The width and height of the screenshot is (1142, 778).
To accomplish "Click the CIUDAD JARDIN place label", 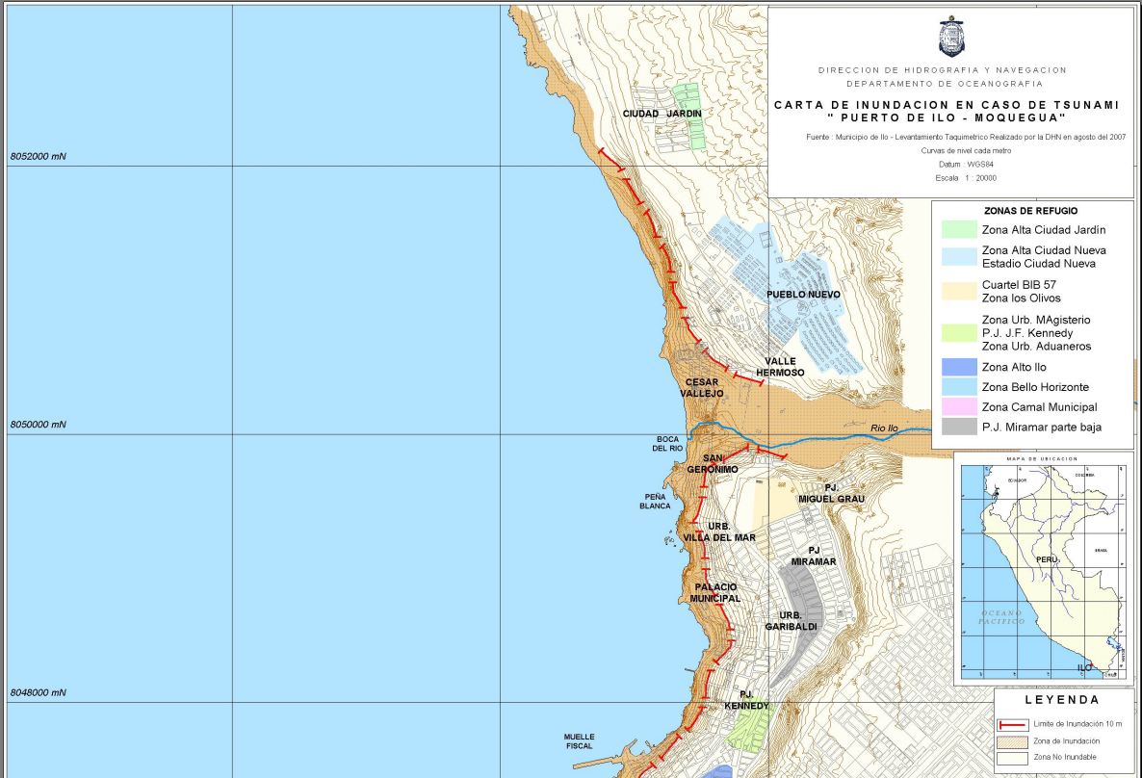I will (x=662, y=114).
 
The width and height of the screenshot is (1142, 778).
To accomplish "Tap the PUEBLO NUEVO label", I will (x=803, y=295).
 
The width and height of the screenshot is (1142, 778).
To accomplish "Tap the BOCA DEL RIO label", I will (x=668, y=444).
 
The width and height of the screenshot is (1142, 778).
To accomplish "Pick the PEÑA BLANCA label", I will (x=655, y=501).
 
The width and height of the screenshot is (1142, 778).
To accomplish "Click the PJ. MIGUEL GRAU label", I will (x=831, y=493).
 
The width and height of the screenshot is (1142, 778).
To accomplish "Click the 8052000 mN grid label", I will (x=39, y=156).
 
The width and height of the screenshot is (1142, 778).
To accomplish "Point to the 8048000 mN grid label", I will (x=39, y=692).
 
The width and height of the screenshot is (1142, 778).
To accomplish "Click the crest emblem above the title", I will (x=950, y=36).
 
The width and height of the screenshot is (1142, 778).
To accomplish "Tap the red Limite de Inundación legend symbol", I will (x=1012, y=723).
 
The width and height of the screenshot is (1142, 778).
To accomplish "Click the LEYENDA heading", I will (x=1062, y=700).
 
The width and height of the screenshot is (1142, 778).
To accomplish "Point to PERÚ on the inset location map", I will (x=1048, y=559).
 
